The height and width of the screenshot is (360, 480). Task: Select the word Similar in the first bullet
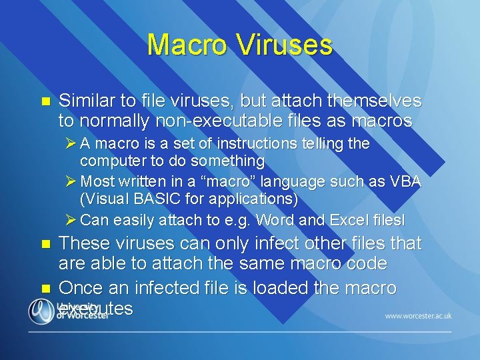coord(86,101)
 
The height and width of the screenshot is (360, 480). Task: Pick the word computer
coord(113,161)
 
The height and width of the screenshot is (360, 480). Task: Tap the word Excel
coord(339,219)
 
